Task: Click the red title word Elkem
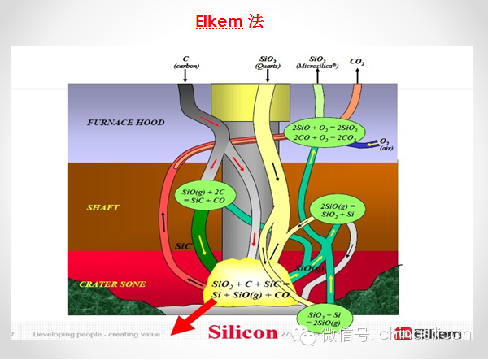click(217, 20)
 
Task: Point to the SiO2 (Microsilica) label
click(317, 63)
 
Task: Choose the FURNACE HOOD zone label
click(125, 123)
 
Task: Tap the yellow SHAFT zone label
click(103, 207)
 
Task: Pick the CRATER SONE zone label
click(112, 284)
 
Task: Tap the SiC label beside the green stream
click(184, 244)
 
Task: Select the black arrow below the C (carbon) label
click(186, 76)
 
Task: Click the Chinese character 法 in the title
click(256, 20)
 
